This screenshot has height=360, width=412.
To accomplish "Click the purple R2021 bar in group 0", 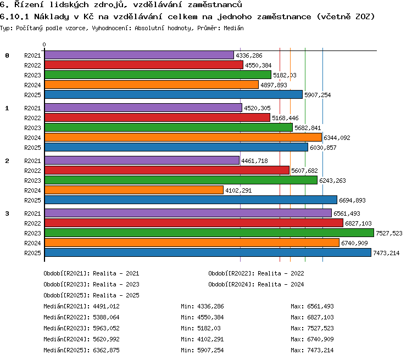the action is [x=139, y=55].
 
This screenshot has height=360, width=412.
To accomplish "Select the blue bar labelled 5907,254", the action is [x=174, y=94].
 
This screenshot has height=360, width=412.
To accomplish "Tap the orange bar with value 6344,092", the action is [x=183, y=137].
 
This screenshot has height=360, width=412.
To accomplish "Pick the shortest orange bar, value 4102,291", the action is [x=134, y=190].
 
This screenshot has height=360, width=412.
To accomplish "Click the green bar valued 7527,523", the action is [x=209, y=233].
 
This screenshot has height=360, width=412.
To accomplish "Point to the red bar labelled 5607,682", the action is [x=167, y=170].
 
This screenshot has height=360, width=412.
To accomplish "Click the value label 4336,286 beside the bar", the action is [x=249, y=55].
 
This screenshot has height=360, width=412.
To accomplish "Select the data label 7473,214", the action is [x=386, y=253].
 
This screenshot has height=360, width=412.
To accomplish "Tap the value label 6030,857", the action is [x=323, y=148].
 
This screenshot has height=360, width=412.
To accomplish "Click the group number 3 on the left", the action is [x=7, y=213].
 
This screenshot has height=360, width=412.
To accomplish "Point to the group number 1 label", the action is [x=7, y=108].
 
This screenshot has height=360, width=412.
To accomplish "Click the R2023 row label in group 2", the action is [x=32, y=181].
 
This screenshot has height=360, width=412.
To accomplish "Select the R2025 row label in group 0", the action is [x=32, y=95].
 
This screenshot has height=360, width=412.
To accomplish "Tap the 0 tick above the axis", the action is [x=44, y=44].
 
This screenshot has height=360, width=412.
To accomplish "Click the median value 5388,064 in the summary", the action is [x=106, y=317].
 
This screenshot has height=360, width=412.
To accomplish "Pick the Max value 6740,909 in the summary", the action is [x=320, y=339].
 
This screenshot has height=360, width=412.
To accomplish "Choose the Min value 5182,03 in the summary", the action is [x=209, y=328].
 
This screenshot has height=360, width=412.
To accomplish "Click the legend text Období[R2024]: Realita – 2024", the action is [x=256, y=284].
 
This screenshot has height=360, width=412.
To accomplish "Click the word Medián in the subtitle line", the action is [x=233, y=28].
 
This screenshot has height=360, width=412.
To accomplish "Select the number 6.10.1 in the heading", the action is [x=14, y=16].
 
